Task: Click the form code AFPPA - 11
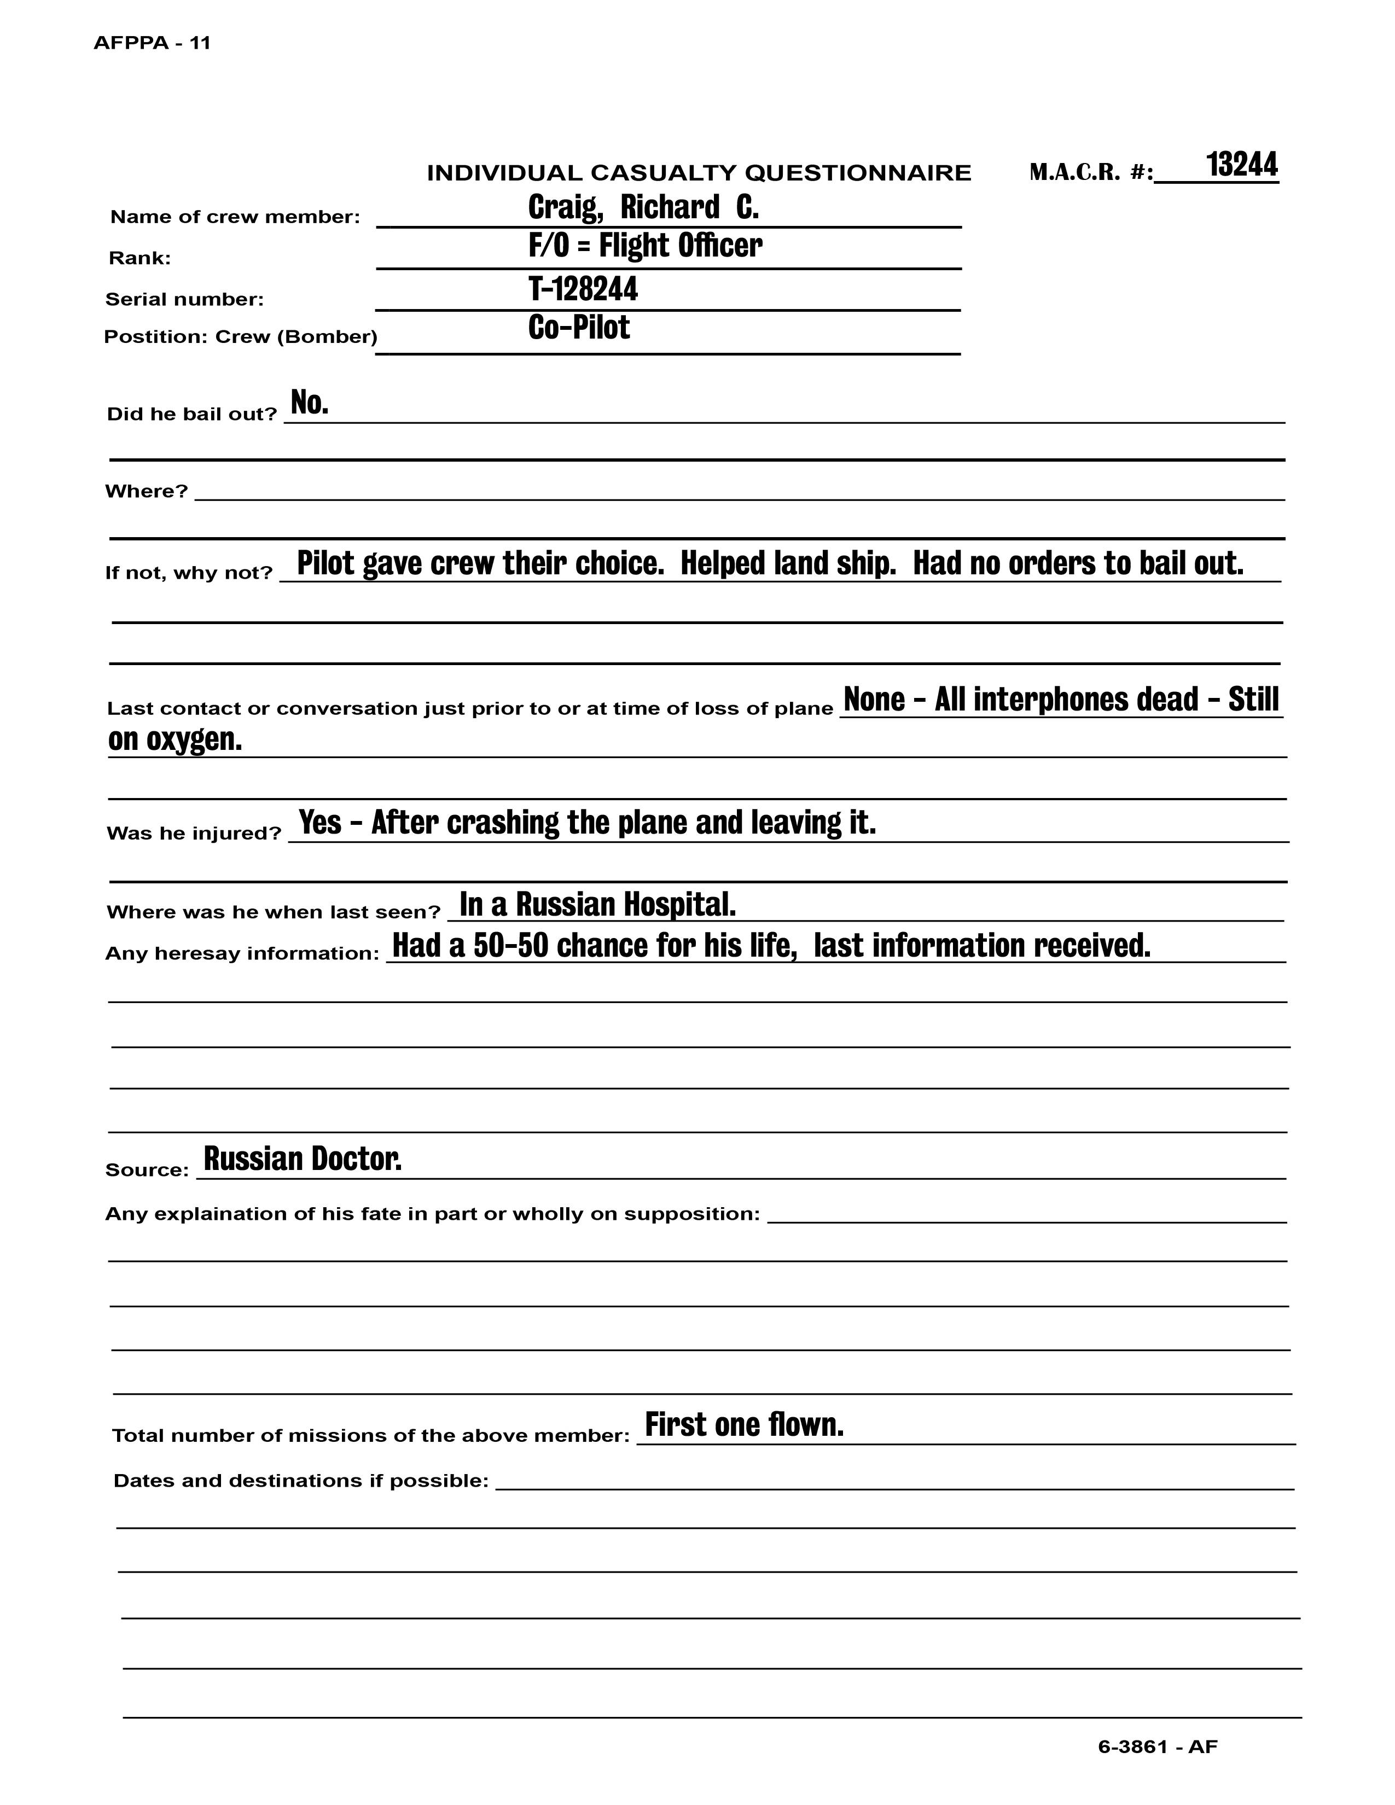point(152,43)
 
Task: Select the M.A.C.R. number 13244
point(1241,165)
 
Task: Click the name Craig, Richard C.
point(643,207)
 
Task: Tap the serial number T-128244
point(583,289)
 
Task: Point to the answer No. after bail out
point(309,403)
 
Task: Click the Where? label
point(146,492)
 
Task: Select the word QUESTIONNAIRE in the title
point(858,173)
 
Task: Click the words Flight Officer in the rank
point(680,246)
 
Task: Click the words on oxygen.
point(175,740)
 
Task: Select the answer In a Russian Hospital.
point(597,905)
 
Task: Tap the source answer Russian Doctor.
point(303,1160)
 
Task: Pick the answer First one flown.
point(744,1425)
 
